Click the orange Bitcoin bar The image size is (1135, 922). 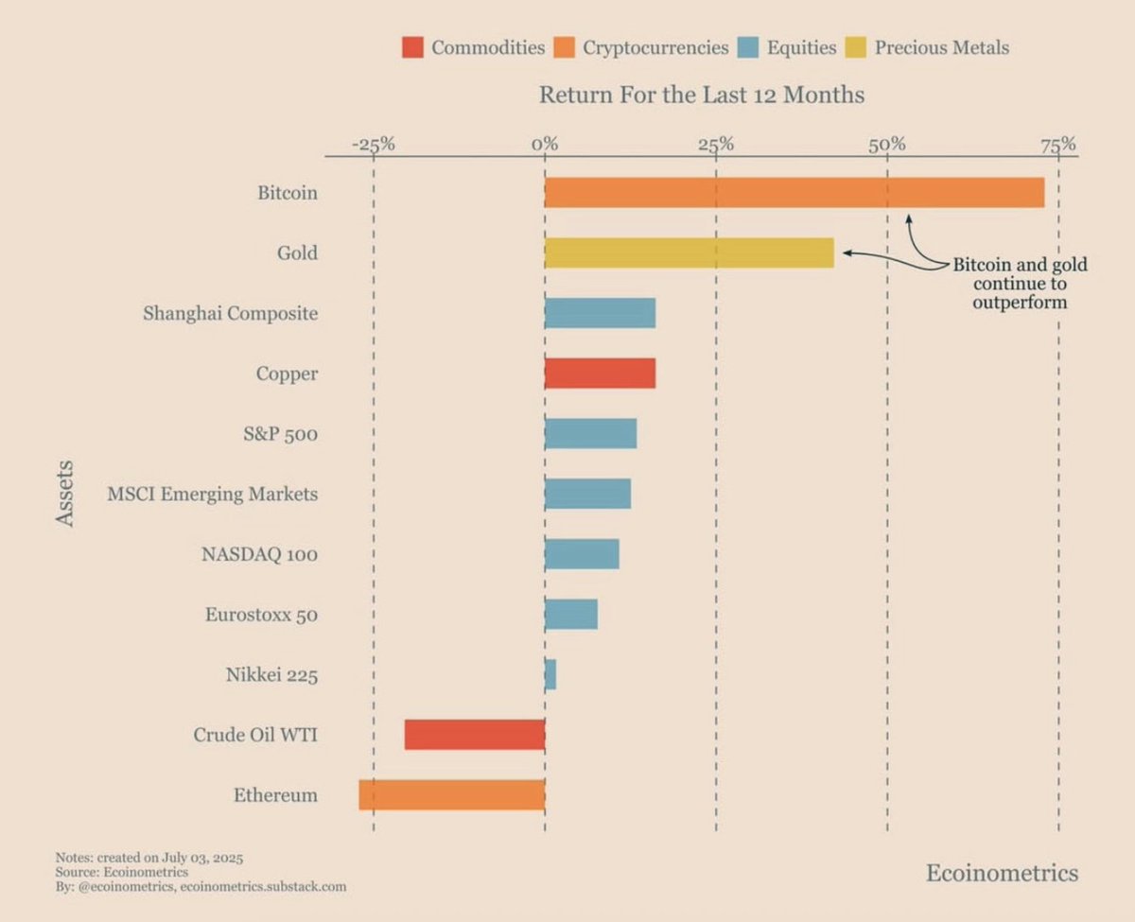coord(794,193)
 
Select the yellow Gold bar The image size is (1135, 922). coord(689,253)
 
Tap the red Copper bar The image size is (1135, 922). coord(600,374)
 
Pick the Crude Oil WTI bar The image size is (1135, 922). coord(474,735)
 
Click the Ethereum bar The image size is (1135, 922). coord(451,795)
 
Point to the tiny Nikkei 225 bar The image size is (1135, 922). coord(550,675)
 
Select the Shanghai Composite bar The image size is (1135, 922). coord(600,313)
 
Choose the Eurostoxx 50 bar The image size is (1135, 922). coord(570,615)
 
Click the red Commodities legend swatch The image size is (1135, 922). coord(412,47)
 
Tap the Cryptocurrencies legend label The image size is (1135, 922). coord(655,47)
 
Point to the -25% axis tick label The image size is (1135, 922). coord(373,145)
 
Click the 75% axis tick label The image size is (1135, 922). coord(1058,145)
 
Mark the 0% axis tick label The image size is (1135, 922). coord(545,145)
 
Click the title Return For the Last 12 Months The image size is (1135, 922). coord(701,95)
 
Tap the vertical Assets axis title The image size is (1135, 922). coord(64,494)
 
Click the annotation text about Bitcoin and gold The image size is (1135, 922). coord(1019,284)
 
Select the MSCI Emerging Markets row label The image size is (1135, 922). coord(212,494)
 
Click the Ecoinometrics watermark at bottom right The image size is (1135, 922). coord(1002,872)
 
